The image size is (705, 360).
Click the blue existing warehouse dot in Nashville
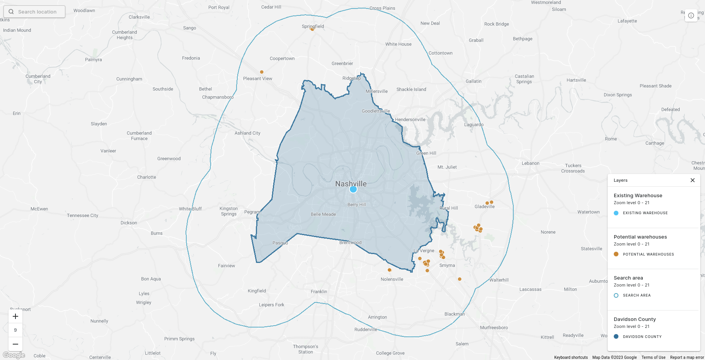tap(353, 189)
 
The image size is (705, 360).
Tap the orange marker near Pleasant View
tap(262, 72)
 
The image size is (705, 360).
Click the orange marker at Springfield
tap(312, 29)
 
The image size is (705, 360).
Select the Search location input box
tap(34, 12)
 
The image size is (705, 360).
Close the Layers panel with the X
tap(693, 180)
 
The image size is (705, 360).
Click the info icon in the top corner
tap(691, 15)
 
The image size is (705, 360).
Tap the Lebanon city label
tap(530, 163)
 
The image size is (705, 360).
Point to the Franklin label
tap(319, 292)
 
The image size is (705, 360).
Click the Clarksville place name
tap(139, 17)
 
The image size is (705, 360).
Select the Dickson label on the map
tap(129, 223)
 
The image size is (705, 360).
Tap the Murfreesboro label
tap(494, 328)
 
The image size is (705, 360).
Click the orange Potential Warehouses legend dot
tap(616, 254)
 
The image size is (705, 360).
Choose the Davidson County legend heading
tap(635, 319)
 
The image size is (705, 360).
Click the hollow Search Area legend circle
tap(616, 295)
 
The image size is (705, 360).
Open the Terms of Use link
tap(653, 357)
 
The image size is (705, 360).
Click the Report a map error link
tap(687, 357)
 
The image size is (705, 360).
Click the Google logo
tap(14, 355)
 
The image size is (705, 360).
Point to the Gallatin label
tap(473, 81)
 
